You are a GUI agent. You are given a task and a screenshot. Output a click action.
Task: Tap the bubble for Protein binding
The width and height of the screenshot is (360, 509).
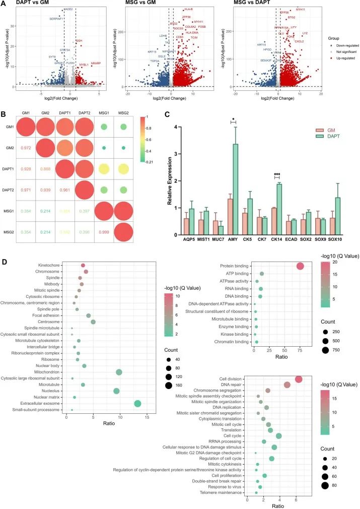(301, 267)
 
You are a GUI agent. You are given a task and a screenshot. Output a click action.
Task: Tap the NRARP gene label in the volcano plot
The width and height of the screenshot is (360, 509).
(96, 63)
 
